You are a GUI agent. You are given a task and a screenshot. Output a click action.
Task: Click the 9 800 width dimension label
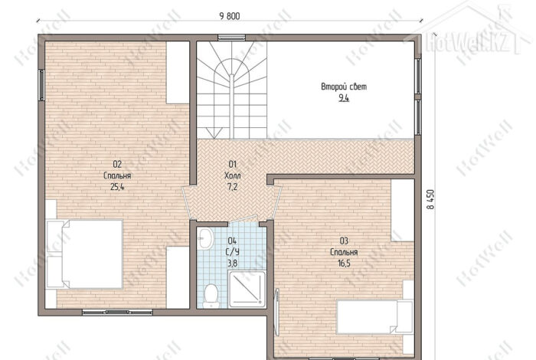[230, 16]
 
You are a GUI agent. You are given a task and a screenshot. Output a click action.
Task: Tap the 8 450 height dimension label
[430, 199]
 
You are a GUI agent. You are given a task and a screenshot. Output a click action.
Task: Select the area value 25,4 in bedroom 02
[117, 187]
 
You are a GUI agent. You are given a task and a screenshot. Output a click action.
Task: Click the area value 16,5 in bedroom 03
[344, 263]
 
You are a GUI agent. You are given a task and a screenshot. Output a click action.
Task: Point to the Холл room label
[233, 175]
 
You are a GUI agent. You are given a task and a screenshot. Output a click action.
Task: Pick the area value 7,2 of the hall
[232, 187]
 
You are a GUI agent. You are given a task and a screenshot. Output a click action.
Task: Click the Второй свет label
[344, 87]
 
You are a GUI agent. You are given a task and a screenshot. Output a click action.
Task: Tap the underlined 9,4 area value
[344, 99]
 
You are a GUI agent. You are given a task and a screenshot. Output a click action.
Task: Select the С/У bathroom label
[233, 252]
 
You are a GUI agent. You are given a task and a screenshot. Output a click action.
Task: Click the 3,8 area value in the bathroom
[233, 263]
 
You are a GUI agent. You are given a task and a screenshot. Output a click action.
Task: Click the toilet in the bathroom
[211, 296]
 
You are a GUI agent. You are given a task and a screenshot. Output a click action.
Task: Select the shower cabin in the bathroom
[247, 289]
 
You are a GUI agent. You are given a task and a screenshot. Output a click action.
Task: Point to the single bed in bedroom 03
[375, 316]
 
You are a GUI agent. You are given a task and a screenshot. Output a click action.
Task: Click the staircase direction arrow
[214, 133]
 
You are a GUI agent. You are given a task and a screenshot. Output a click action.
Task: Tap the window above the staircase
[232, 37]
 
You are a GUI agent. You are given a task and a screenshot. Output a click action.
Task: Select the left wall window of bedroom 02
[41, 85]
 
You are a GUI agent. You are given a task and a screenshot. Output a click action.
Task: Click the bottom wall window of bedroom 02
[117, 312]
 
